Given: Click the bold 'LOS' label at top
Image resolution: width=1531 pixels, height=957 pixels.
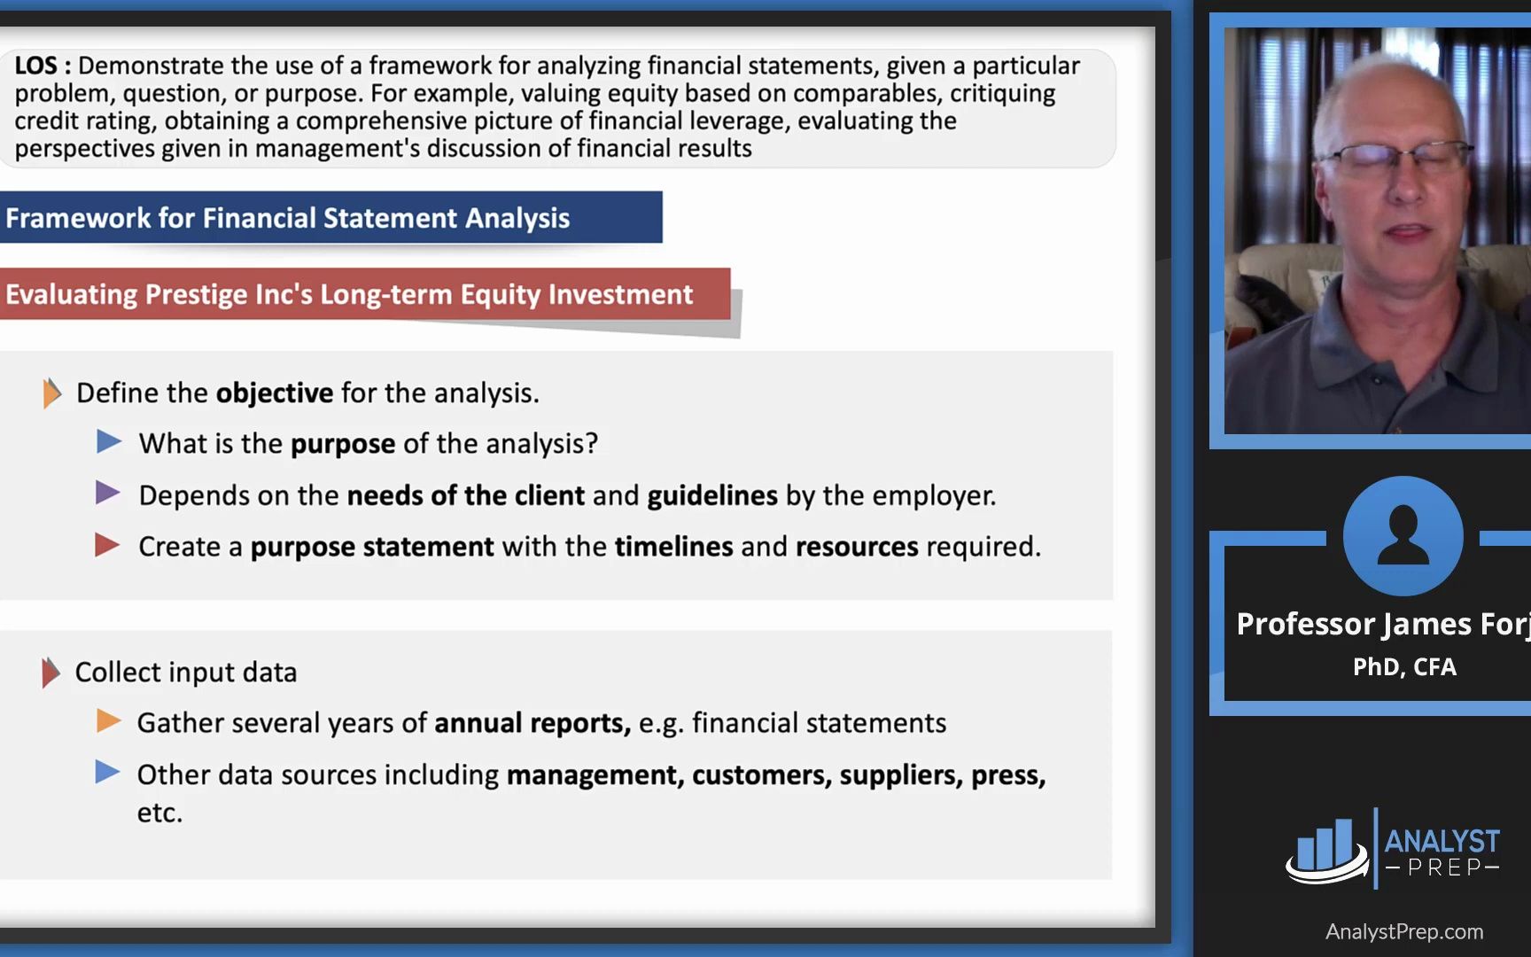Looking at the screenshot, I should pyautogui.click(x=35, y=66).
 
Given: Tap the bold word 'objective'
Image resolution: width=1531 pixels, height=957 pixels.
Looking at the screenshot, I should pyautogui.click(x=275, y=393).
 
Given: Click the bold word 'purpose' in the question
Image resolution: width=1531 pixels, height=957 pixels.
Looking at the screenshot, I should pyautogui.click(x=343, y=443).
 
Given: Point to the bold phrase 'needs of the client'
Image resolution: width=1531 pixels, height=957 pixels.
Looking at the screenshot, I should pyautogui.click(x=466, y=495).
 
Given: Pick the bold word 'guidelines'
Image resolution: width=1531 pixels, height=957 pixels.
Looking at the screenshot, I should pyautogui.click(x=712, y=495).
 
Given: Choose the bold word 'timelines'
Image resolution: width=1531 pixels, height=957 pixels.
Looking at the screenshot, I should pyautogui.click(x=673, y=547).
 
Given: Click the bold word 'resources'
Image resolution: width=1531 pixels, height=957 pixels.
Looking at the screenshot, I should pyautogui.click(x=857, y=547).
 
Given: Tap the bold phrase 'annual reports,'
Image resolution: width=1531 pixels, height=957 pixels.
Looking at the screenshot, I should pyautogui.click(x=532, y=723).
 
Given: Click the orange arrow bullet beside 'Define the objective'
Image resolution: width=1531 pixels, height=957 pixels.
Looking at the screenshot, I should pyautogui.click(x=52, y=393).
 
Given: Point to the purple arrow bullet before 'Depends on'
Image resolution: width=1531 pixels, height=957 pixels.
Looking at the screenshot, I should pyautogui.click(x=107, y=493).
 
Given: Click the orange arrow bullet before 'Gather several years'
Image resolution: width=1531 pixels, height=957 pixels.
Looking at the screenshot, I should pyautogui.click(x=108, y=721).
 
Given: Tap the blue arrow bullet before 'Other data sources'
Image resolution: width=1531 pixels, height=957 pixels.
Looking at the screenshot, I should pyautogui.click(x=107, y=773).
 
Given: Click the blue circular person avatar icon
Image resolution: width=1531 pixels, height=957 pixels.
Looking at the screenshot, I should pyautogui.click(x=1403, y=535).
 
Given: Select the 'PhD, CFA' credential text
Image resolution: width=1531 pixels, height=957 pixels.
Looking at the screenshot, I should pyautogui.click(x=1404, y=666).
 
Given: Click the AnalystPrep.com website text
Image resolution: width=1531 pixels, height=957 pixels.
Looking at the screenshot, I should pyautogui.click(x=1404, y=931).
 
